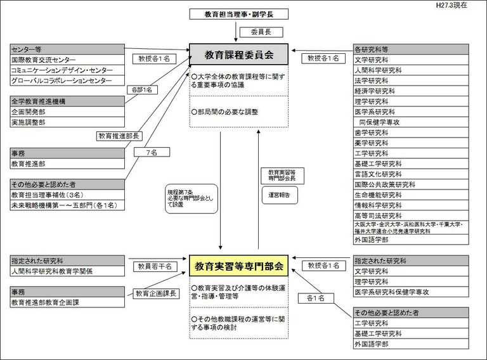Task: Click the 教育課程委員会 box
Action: coord(238,55)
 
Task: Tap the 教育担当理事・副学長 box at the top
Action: coord(238,14)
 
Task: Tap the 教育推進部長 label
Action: coord(118,136)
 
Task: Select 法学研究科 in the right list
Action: coord(411,80)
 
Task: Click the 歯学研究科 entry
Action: coord(411,132)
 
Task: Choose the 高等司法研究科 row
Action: coord(411,215)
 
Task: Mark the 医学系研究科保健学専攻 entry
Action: coord(411,292)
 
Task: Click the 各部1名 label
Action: coord(140,90)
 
